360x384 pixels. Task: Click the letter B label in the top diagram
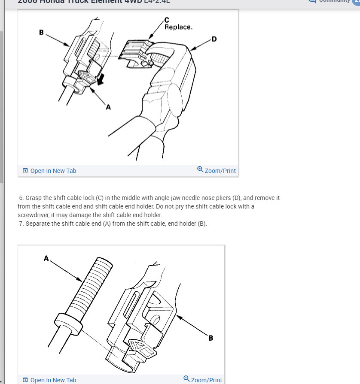click(x=42, y=32)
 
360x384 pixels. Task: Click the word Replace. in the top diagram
click(x=178, y=27)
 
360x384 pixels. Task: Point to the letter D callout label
click(x=214, y=39)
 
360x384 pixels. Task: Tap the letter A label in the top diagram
click(x=108, y=107)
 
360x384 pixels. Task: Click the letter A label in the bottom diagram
click(x=46, y=258)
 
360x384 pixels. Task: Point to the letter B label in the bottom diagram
click(x=211, y=338)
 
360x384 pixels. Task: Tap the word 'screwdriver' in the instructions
click(x=34, y=215)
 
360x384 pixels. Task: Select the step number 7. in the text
click(x=21, y=224)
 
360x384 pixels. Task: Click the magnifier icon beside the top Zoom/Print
click(x=200, y=169)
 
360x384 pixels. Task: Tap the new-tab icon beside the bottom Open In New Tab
click(x=25, y=380)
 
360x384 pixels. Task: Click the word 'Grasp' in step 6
click(x=34, y=198)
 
